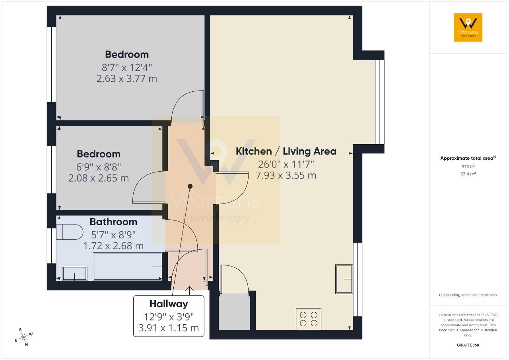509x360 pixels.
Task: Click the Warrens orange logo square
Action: pos(468,27)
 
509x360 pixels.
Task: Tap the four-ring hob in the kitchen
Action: pos(308,319)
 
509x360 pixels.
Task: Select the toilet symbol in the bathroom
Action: pos(70,232)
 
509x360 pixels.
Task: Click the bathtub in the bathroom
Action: pos(127,267)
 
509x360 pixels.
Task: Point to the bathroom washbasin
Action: pos(74,273)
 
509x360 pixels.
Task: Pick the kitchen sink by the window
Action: pos(344,279)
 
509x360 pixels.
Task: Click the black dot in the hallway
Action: pos(190,186)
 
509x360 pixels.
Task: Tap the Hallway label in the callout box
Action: pos(169,304)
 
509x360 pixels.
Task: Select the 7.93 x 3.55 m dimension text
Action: pos(286,176)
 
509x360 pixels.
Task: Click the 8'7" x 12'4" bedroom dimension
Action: pos(127,68)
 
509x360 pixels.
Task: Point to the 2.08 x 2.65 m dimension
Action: pos(99,178)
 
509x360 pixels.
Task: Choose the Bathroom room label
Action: pos(113,222)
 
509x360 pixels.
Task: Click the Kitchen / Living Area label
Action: pos(286,151)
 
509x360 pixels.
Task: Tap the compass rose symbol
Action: pos(23,337)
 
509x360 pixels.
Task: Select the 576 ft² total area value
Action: pos(468,166)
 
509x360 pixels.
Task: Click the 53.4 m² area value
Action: pos(468,174)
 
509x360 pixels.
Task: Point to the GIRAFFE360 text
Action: pos(468,345)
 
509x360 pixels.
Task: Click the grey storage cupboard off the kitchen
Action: pos(234,312)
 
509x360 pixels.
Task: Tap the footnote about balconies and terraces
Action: pos(468,295)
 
